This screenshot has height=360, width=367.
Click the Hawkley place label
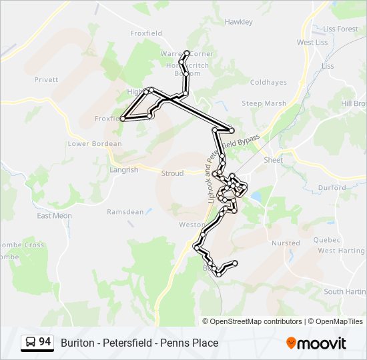coord(239,22)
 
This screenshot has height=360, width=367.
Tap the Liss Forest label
coord(340,29)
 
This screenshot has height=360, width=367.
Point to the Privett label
coord(47,79)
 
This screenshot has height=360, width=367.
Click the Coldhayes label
coord(268,83)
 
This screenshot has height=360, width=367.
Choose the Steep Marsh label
coord(264,103)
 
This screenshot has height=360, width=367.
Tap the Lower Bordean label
coord(95,143)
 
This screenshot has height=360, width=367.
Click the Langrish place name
coord(123,170)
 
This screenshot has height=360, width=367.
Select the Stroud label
coord(172,173)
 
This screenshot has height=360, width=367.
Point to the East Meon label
coord(54,215)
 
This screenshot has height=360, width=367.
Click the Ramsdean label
coord(125,212)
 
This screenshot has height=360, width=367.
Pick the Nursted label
coord(286,243)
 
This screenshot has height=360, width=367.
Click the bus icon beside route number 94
coord(31,343)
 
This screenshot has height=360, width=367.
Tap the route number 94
coord(45,342)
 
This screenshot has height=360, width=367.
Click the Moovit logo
coord(316,343)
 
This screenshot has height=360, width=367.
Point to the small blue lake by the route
coord(255,197)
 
